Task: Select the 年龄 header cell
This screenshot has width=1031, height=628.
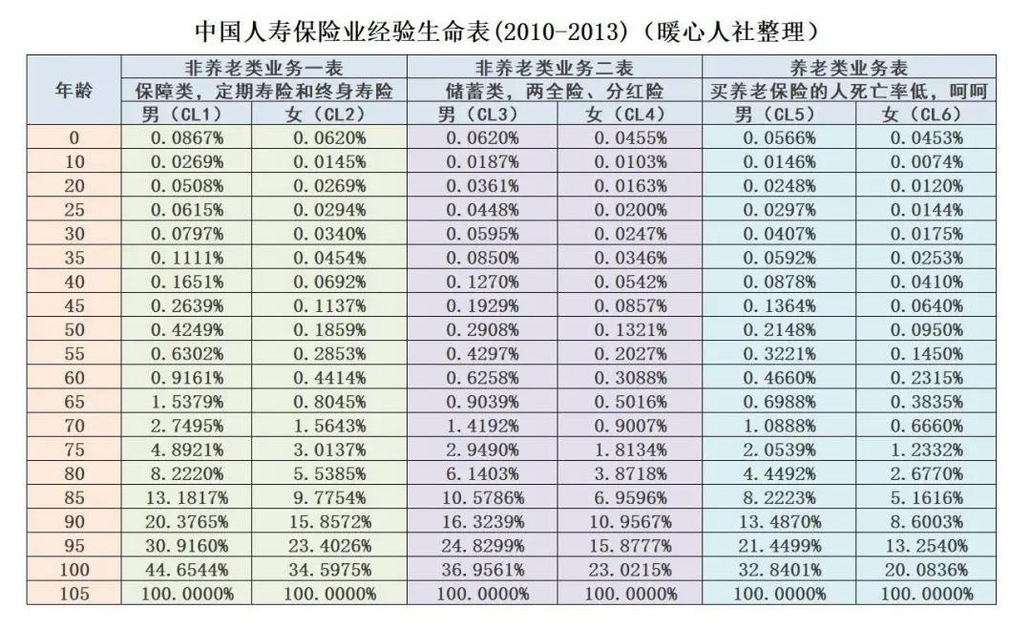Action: [x=73, y=92]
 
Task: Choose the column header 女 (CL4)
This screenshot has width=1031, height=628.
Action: [x=628, y=115]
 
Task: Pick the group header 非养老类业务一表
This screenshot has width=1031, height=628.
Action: [x=263, y=69]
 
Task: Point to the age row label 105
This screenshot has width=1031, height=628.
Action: [x=73, y=594]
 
